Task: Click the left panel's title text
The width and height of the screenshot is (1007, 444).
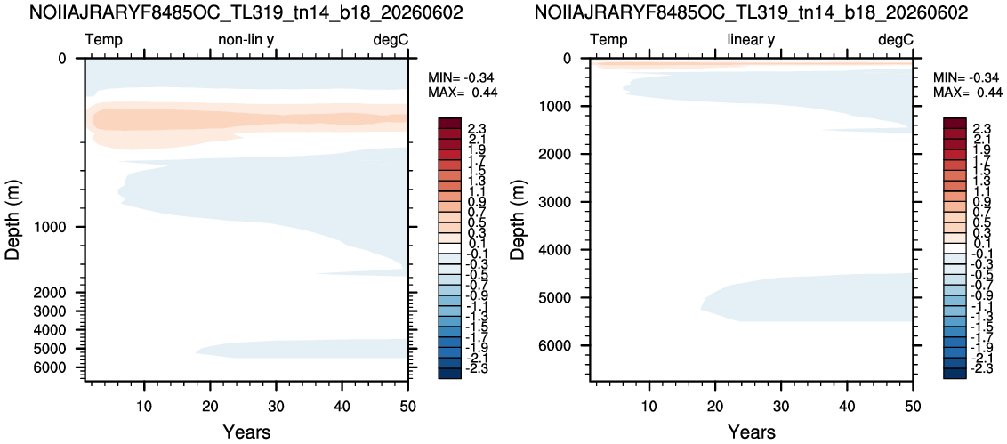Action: (246, 12)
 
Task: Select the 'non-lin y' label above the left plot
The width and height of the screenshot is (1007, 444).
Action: (246, 40)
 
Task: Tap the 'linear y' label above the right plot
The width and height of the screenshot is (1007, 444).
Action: (751, 40)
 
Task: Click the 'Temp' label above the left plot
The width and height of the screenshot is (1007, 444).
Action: (104, 40)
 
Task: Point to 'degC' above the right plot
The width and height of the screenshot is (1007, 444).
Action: (895, 40)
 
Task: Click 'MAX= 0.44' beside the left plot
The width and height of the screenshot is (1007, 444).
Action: (463, 93)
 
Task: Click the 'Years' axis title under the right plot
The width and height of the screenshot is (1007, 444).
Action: (751, 431)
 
